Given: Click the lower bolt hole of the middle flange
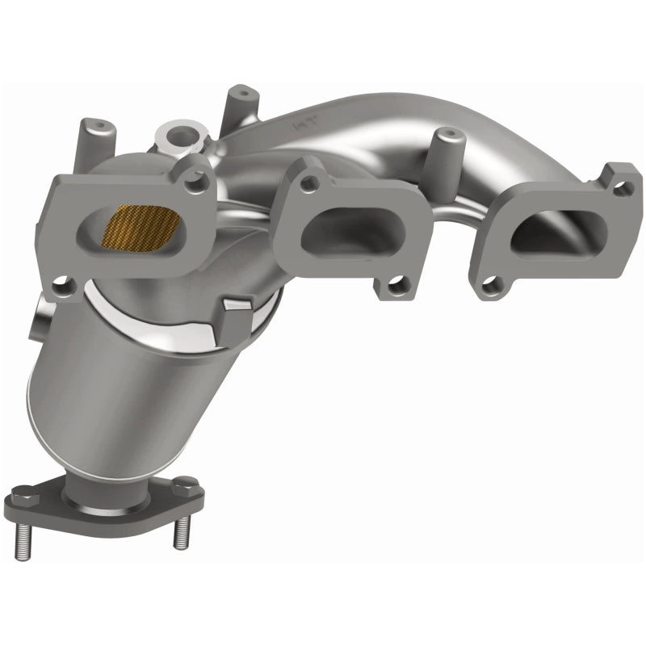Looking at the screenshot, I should [396, 284].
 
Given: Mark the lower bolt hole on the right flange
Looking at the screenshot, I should [492, 284].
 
